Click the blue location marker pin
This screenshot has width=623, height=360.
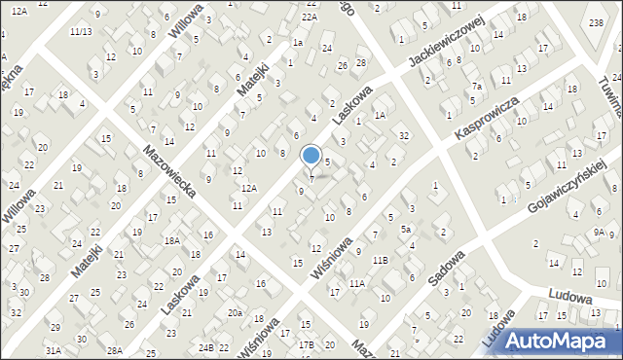click(x=311, y=156)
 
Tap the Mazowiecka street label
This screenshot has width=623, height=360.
click(x=170, y=171)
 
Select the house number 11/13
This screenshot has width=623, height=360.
click(x=81, y=31)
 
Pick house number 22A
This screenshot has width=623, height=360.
click(x=309, y=18)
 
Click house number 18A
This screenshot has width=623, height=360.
click(x=172, y=240)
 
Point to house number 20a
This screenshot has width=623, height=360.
click(x=235, y=312)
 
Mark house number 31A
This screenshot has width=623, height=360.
click(x=53, y=349)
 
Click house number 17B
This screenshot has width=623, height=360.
click(x=307, y=344)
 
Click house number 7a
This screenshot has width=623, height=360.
click(x=477, y=86)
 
